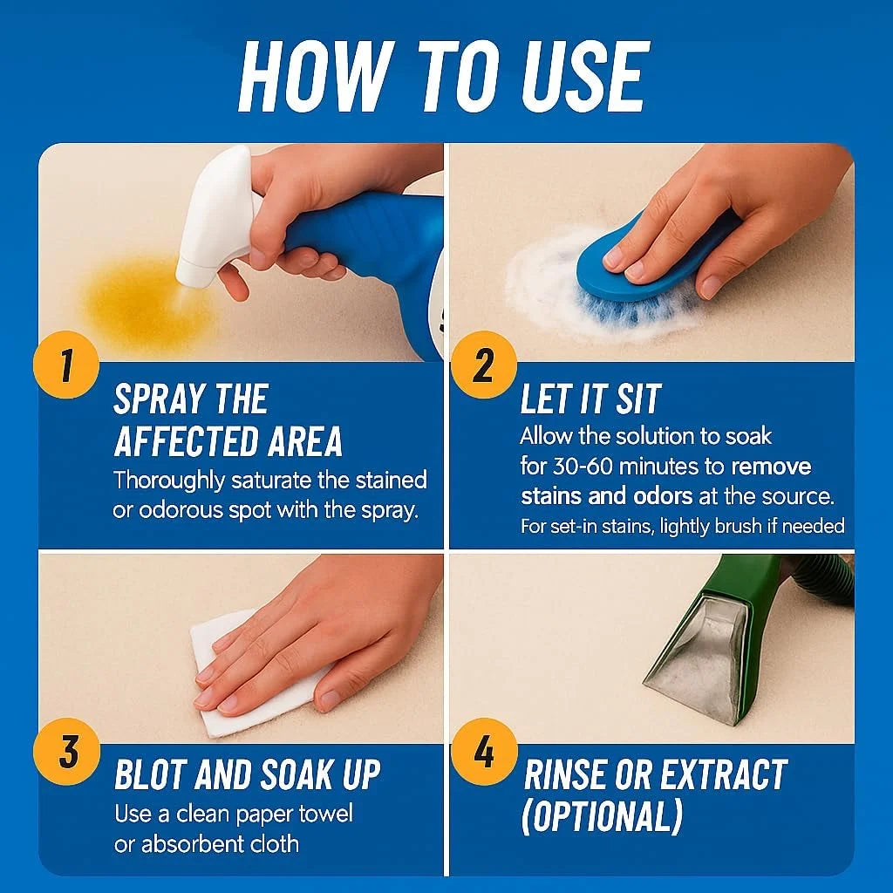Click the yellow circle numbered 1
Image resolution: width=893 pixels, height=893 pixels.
pos(66,365)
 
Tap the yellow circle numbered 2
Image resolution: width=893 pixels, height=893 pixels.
pos(484,365)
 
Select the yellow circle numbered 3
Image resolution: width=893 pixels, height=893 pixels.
pos(66,752)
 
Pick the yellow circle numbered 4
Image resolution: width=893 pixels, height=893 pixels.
pos(484,752)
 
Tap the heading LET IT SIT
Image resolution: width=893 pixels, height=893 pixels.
pos(590,399)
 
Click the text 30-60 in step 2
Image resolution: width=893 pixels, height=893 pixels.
pos(581,467)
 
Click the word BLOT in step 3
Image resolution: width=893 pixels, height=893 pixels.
pos(150,774)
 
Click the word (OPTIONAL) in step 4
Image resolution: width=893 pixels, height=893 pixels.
pos(602,817)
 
